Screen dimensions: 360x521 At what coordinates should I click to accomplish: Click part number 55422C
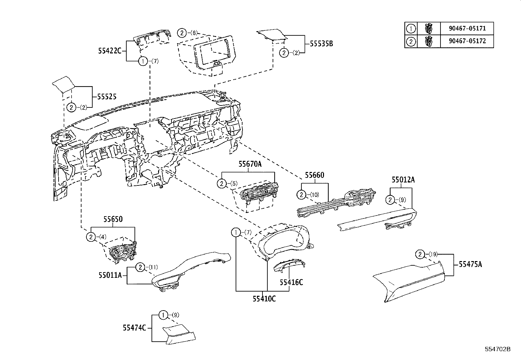pyautogui.click(x=110, y=51)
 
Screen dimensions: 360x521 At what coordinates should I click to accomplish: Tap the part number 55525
pyautogui.click(x=107, y=97)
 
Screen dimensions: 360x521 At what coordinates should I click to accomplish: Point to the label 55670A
pyautogui.click(x=250, y=164)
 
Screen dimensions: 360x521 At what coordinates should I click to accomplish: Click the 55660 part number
pyautogui.click(x=314, y=176)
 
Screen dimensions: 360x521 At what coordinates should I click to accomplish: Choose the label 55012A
pyautogui.click(x=403, y=180)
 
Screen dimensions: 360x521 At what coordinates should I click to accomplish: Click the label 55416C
pyautogui.click(x=291, y=282)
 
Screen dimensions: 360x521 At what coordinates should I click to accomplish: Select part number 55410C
pyautogui.click(x=264, y=299)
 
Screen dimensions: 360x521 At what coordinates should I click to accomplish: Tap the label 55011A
pyautogui.click(x=110, y=275)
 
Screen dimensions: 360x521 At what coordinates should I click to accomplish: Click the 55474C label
pyautogui.click(x=134, y=328)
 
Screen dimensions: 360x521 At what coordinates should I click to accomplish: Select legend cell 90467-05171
pyautogui.click(x=467, y=28)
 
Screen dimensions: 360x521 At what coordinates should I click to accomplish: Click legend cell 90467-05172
pyautogui.click(x=467, y=41)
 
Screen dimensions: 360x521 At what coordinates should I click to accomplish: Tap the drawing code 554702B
pyautogui.click(x=498, y=349)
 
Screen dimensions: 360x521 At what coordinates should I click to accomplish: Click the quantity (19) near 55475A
pyautogui.click(x=433, y=254)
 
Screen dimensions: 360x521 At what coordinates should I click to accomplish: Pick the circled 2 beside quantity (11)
pyautogui.click(x=140, y=268)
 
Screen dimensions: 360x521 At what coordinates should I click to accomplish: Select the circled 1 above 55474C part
pyautogui.click(x=163, y=315)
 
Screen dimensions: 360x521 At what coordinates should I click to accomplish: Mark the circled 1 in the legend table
pyautogui.click(x=410, y=28)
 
